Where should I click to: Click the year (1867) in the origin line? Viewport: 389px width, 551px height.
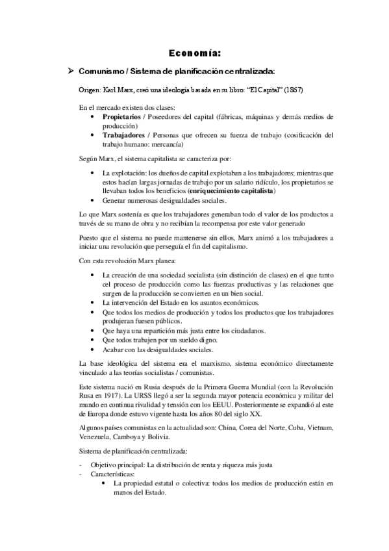tap(290, 89)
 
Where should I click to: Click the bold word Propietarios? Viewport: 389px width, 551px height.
tap(123, 116)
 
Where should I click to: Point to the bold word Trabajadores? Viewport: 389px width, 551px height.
tap(123, 135)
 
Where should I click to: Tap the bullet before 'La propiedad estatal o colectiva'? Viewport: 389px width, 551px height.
tap(106, 484)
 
